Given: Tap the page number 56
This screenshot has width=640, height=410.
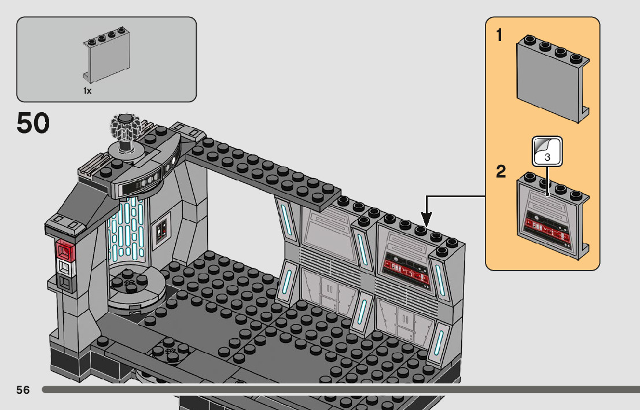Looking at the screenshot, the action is point(23,390).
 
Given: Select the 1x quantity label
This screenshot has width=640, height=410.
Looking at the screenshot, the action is point(87,91).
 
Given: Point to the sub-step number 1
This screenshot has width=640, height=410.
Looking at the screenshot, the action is point(499,36).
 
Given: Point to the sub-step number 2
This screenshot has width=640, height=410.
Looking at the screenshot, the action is point(501,172).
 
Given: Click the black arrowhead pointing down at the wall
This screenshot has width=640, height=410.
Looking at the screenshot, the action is point(426,220).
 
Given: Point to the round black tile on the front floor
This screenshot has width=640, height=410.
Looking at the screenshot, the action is point(170,352).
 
